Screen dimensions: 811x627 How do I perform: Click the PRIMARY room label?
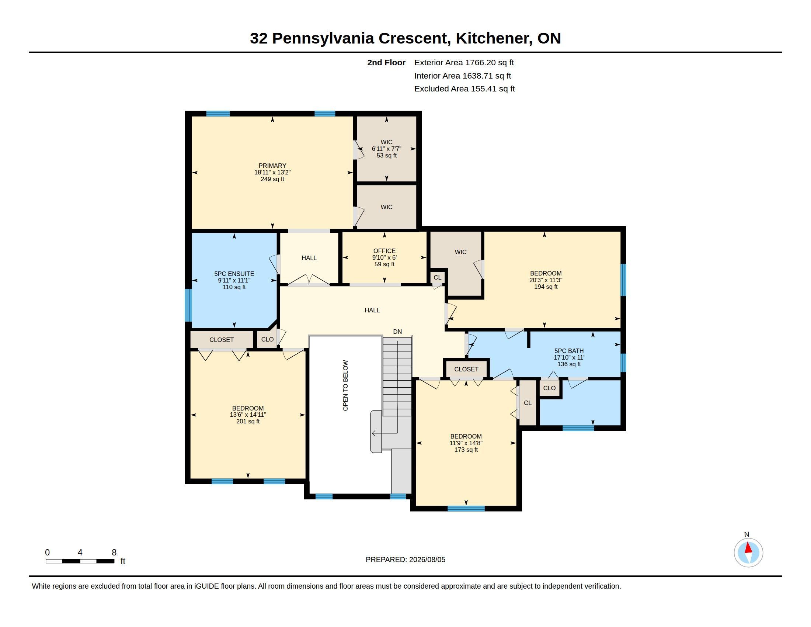pos(272,166)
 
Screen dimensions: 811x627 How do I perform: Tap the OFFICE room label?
pos(384,251)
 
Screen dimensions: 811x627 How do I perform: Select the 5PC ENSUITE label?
pos(234,274)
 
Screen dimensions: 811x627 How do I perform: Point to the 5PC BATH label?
pos(569,351)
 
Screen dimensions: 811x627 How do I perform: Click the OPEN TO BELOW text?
pos(345,385)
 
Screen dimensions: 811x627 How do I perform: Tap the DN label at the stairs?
pos(397,332)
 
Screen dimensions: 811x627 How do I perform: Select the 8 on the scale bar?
pos(114,552)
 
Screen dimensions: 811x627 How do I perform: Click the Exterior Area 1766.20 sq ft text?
pos(464,62)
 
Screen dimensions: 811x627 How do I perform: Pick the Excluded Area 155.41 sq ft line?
pos(464,89)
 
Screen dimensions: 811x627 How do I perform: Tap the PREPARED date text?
pos(405,560)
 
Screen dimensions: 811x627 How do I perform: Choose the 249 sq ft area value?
pos(272,179)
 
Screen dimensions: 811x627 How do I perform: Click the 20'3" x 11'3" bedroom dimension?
pos(546,280)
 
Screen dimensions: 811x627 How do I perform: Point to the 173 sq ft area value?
pos(466,450)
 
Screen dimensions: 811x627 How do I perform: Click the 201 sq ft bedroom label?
pos(248,422)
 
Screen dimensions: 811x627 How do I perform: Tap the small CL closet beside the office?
pos(438,277)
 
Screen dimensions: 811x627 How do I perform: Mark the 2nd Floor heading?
pos(386,62)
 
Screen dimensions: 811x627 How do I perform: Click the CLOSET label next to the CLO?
pos(221,340)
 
